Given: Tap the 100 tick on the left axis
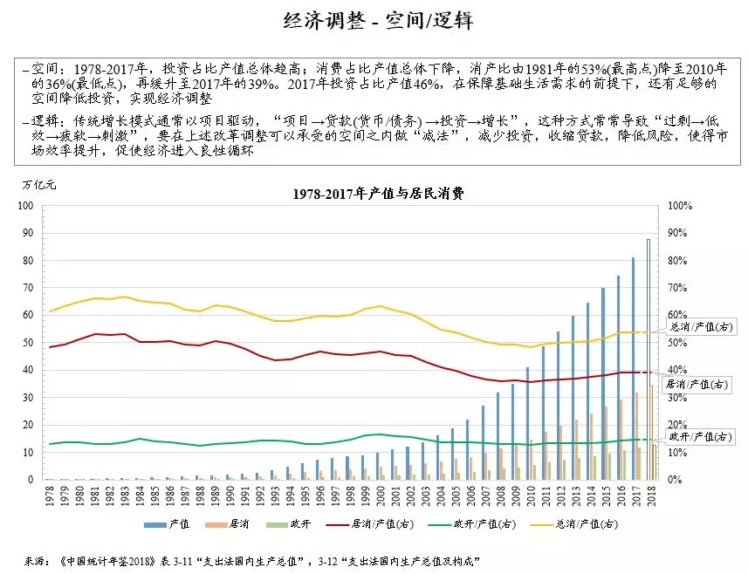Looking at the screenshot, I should [x=26, y=206].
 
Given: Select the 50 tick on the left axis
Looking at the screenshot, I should [x=28, y=343].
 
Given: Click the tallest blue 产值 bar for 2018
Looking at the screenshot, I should [x=648, y=359].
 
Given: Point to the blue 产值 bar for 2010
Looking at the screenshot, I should [x=527, y=423].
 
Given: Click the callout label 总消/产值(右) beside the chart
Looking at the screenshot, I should [x=698, y=326].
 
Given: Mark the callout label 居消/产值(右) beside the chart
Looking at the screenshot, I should [x=698, y=384].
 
